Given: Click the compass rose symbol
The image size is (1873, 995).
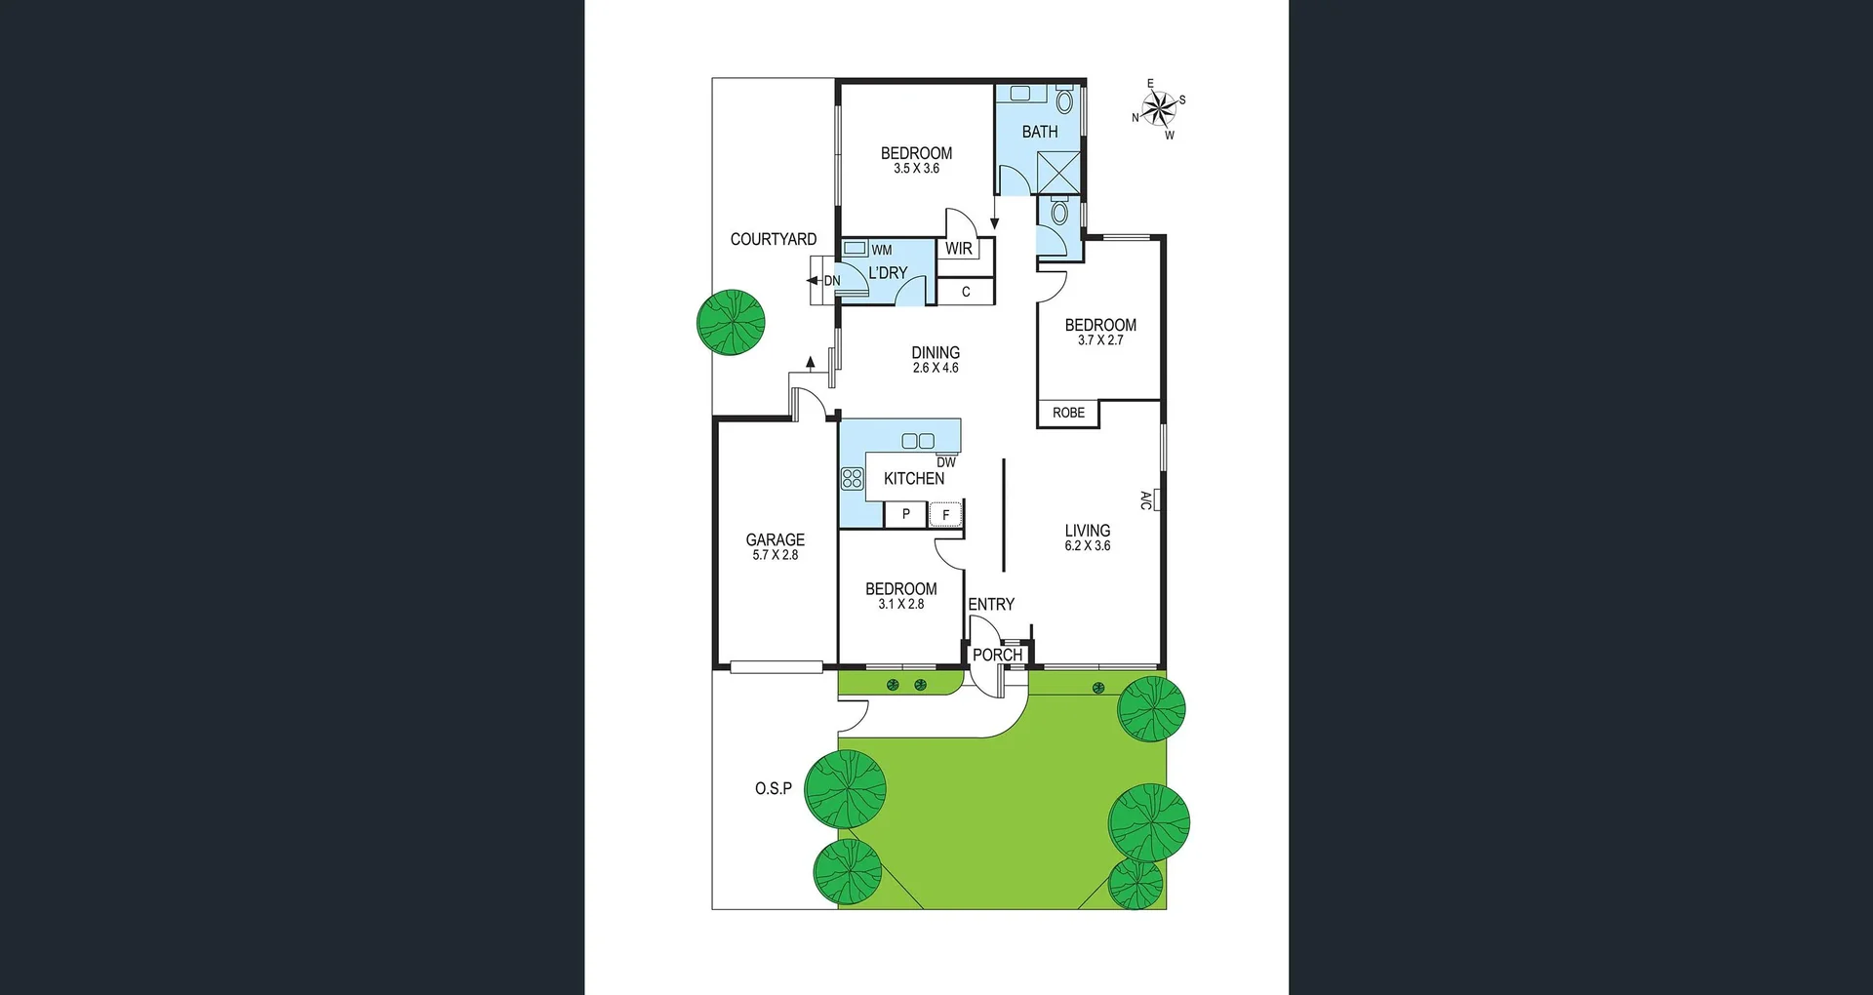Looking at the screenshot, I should (1159, 108).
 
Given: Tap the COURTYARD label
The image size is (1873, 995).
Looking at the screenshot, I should (773, 239).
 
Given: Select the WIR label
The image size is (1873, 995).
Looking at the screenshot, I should (958, 249).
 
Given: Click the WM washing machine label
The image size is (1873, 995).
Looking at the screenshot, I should (881, 250).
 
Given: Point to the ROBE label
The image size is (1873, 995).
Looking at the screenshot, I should (1068, 413).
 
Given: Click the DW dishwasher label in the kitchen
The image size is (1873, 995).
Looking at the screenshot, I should (946, 462).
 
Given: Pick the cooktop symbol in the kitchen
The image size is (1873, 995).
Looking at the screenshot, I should (852, 478).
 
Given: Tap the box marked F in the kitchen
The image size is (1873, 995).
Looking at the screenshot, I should (945, 514).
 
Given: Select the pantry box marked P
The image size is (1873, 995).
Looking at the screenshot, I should (905, 514).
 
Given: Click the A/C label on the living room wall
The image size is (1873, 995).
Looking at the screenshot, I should (1146, 500).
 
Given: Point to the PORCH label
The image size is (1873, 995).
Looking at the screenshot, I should (997, 655).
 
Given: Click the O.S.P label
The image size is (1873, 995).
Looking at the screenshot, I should (773, 788).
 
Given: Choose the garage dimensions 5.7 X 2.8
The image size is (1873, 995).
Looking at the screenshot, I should (775, 555).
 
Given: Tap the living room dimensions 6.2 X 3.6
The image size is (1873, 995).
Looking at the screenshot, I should (1087, 546).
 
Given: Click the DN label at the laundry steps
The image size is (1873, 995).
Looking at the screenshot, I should (831, 281).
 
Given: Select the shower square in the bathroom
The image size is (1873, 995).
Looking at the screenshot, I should (1058, 172).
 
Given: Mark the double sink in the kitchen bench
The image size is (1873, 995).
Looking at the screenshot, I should (918, 441).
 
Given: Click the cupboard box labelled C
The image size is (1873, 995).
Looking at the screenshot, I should (966, 292).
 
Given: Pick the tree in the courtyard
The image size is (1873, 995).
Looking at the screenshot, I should (731, 322).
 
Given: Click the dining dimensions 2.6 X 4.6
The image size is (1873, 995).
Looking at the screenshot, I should (936, 368).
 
